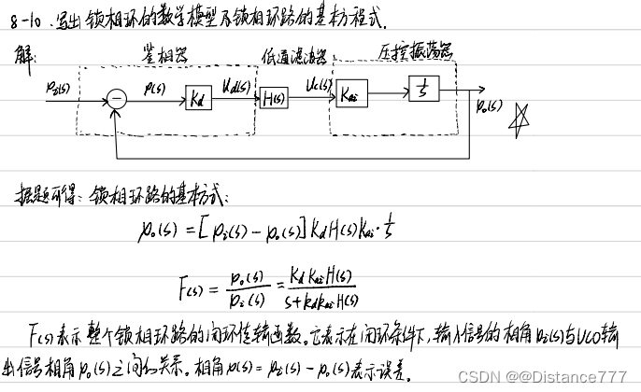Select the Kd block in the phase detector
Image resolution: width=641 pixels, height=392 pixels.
(197, 97)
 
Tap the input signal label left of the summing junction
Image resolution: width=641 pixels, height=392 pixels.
(58, 87)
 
